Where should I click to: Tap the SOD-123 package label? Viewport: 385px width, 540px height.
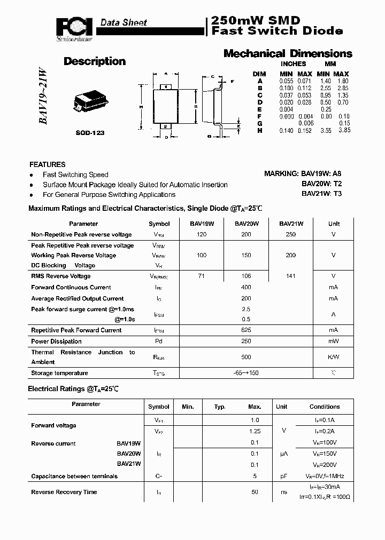pos(89,132)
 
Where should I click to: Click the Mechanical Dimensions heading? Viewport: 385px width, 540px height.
pos(288,53)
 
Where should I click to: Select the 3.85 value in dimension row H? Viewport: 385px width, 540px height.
pos(344,130)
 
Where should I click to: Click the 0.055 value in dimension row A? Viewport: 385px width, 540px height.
pos(286,81)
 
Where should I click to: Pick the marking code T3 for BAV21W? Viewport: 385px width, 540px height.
pos(337,194)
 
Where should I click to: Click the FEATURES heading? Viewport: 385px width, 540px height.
pos(48,164)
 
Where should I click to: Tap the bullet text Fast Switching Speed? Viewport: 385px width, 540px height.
pos(75,174)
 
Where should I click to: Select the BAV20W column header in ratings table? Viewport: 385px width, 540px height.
pos(247,224)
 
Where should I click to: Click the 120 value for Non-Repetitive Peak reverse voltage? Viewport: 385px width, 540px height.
pos(202,234)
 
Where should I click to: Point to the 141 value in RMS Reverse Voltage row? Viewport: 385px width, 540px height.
pos(291,276)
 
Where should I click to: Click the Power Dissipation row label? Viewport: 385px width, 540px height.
pos(56,341)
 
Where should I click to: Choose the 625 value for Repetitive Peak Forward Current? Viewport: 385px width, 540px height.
pos(246,330)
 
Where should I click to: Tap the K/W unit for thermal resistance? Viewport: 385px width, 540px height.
pos(333,356)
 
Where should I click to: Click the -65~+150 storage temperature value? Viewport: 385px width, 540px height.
pos(246,373)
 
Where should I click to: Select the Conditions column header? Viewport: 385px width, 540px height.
pos(324,407)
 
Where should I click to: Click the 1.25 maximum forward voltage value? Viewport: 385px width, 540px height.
pos(254,431)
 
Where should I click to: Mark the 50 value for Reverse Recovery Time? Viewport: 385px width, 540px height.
pos(255,491)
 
